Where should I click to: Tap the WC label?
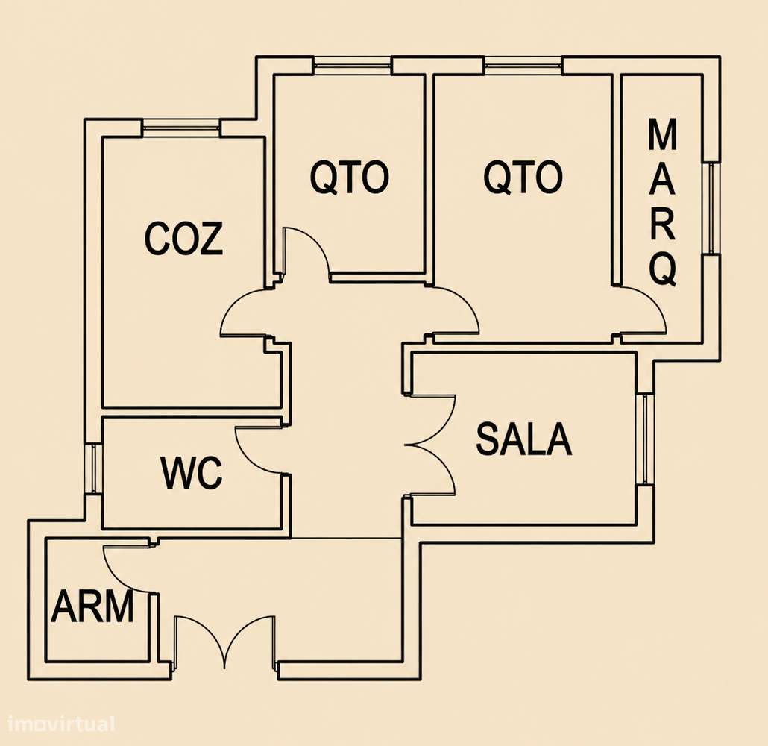[x=192, y=473]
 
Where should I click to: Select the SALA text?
[x=523, y=439]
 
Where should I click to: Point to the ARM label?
[x=92, y=606]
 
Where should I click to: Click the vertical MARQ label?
[x=663, y=202]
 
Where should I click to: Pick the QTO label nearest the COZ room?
[x=350, y=178]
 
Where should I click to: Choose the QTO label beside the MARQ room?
[x=523, y=177]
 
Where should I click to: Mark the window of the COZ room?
[x=181, y=128]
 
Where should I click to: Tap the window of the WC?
[x=93, y=468]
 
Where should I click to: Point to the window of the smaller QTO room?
[x=352, y=66]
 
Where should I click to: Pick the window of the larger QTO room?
[x=523, y=66]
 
